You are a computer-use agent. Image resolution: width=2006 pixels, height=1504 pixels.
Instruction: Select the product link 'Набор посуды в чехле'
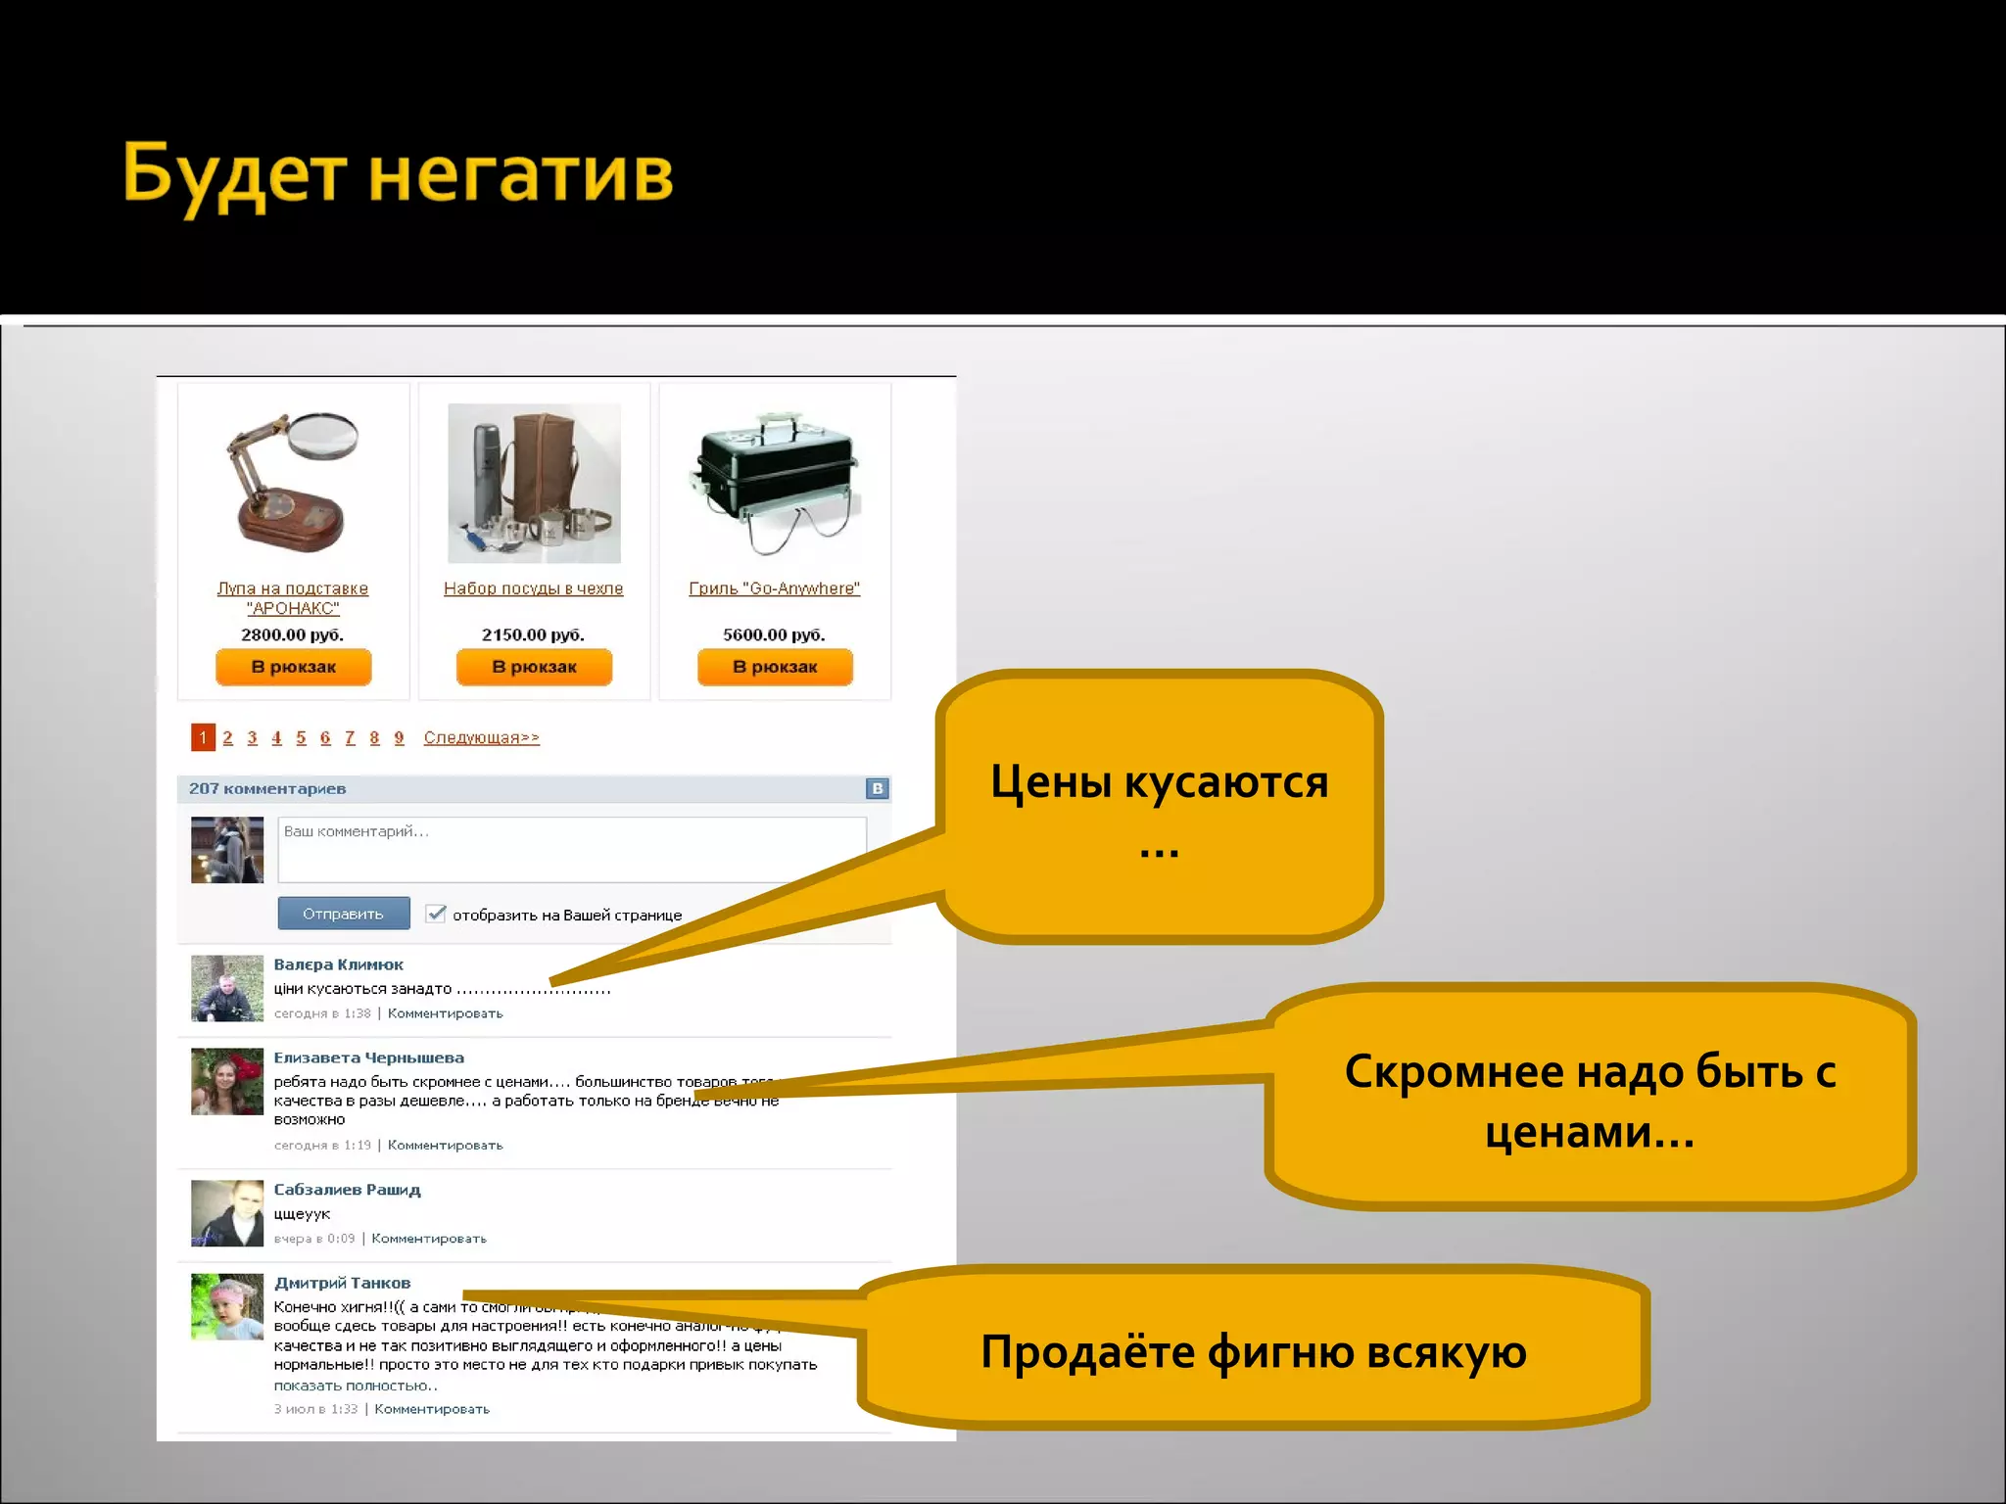coord(533,588)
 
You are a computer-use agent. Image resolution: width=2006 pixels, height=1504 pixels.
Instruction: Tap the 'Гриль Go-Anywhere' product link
coord(774,588)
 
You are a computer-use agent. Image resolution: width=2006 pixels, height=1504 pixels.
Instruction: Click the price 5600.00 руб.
coord(774,634)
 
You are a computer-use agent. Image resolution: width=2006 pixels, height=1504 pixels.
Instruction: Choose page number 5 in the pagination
coord(301,737)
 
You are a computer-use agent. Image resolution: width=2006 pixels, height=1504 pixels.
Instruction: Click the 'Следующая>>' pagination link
coord(481,737)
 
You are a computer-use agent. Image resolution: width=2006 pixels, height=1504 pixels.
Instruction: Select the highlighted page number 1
coord(203,737)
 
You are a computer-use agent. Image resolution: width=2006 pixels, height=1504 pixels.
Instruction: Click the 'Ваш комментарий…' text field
coord(572,849)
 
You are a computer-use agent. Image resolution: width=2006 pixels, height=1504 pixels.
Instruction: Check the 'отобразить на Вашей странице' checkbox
coord(436,914)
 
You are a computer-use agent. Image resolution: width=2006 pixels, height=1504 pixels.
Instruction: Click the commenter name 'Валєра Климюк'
coord(338,964)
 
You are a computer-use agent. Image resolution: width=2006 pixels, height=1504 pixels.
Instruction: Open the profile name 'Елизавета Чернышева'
coord(368,1057)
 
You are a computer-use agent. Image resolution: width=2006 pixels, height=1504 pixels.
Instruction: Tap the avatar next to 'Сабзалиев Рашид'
coord(227,1213)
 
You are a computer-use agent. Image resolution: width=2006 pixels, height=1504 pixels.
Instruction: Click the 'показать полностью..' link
coord(356,1386)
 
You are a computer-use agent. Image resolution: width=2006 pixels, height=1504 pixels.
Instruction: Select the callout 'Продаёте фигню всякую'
coord(1254,1351)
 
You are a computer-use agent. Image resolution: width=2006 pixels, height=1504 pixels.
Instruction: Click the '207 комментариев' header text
coord(267,788)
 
